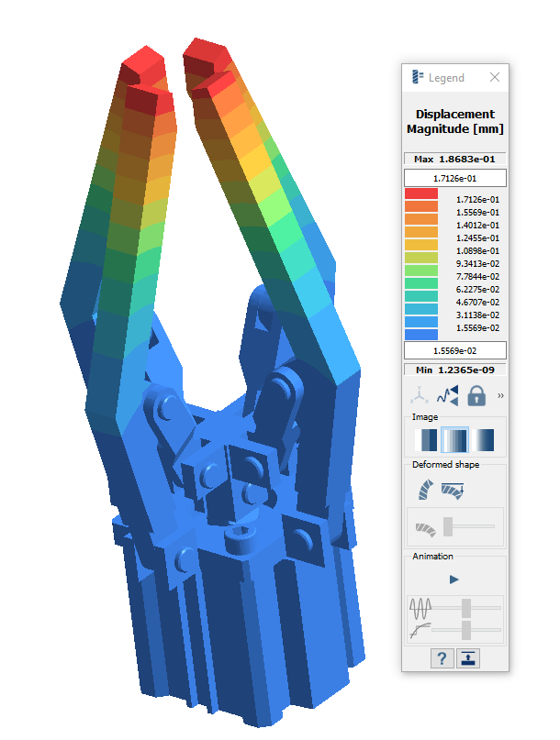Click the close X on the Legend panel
(x=494, y=77)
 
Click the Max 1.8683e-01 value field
(x=454, y=159)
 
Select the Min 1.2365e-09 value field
(x=454, y=370)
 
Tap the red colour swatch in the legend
(x=421, y=193)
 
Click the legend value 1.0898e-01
(x=477, y=251)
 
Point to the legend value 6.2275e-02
(x=477, y=289)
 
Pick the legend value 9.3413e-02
(x=477, y=264)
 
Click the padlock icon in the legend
(x=476, y=395)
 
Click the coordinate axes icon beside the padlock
(x=420, y=395)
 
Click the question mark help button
(x=442, y=658)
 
